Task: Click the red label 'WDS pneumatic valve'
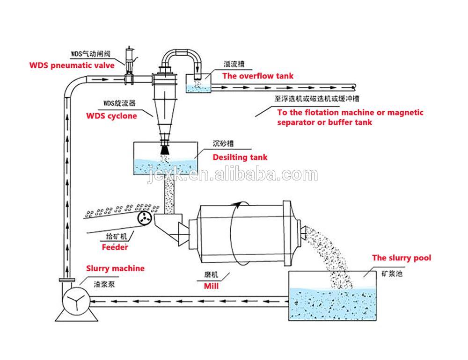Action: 58,65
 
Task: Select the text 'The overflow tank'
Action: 257,76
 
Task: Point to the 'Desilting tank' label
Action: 240,157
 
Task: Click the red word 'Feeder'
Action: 115,247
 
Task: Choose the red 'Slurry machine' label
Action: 115,268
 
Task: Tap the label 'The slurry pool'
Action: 402,258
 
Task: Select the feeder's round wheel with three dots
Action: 144,217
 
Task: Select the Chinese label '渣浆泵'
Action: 104,283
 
